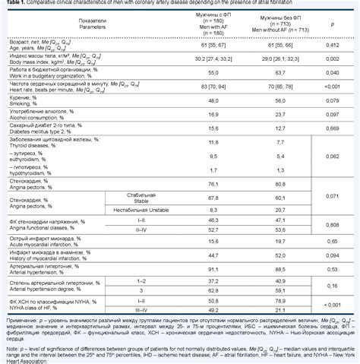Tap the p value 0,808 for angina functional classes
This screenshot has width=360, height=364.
[331, 226]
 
